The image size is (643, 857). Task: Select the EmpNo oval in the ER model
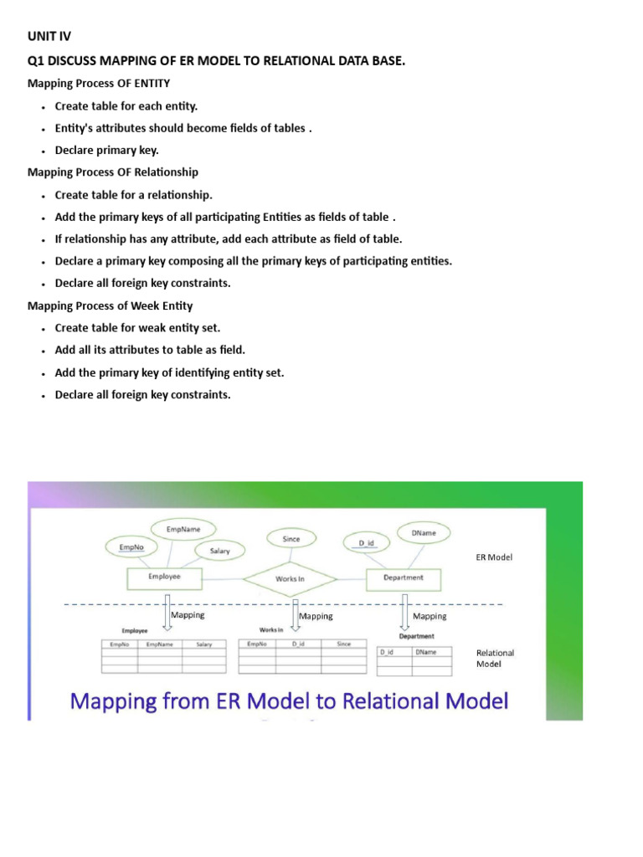point(131,547)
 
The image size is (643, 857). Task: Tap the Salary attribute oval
point(219,552)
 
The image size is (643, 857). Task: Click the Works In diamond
point(290,578)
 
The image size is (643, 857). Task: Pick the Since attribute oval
point(291,539)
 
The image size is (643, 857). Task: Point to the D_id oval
point(367,543)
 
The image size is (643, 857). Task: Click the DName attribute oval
point(423,532)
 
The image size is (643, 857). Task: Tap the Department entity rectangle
point(404,577)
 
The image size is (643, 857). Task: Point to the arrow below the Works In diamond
point(295,613)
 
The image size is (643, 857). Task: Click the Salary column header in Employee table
point(204,644)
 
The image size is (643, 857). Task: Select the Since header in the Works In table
point(344,644)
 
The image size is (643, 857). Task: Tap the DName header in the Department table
point(426,651)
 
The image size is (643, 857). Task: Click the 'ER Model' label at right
point(494,557)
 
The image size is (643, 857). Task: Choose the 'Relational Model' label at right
point(495,658)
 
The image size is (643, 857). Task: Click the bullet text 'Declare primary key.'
point(106,151)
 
